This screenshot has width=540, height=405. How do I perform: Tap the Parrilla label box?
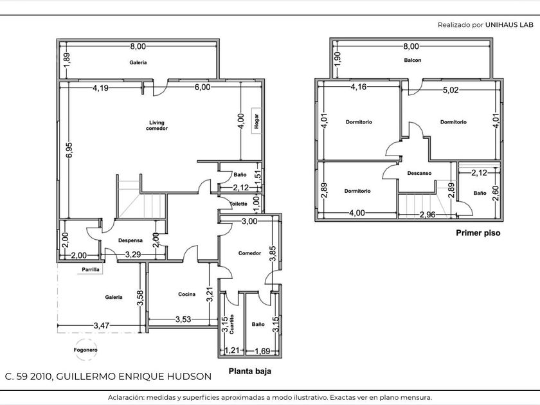[x=91, y=269]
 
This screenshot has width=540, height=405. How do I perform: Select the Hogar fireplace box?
[x=256, y=122]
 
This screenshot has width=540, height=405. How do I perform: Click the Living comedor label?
[x=157, y=125]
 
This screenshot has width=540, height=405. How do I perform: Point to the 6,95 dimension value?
[x=69, y=150]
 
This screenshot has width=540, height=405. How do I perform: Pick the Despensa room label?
[x=130, y=240]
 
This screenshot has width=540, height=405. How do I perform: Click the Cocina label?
[x=186, y=294]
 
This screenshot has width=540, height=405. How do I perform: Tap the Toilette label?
[x=239, y=204]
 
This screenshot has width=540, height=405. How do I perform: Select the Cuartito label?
[x=231, y=324]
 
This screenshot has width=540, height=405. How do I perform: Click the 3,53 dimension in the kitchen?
[x=183, y=319]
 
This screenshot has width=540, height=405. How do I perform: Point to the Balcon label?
[x=413, y=60]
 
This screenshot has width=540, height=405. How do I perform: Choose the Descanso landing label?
[x=419, y=173]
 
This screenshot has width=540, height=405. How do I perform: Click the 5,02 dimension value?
[x=451, y=90]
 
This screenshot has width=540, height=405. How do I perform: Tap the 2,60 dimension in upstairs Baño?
[x=496, y=194]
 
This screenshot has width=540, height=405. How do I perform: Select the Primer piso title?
[x=478, y=233]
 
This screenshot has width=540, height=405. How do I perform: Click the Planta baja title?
[x=250, y=371]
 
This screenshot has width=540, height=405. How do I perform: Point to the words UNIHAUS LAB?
[x=509, y=25]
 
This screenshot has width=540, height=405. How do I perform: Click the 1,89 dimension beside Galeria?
[x=67, y=60]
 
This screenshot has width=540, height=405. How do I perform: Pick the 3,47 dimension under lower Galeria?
[x=102, y=325]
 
